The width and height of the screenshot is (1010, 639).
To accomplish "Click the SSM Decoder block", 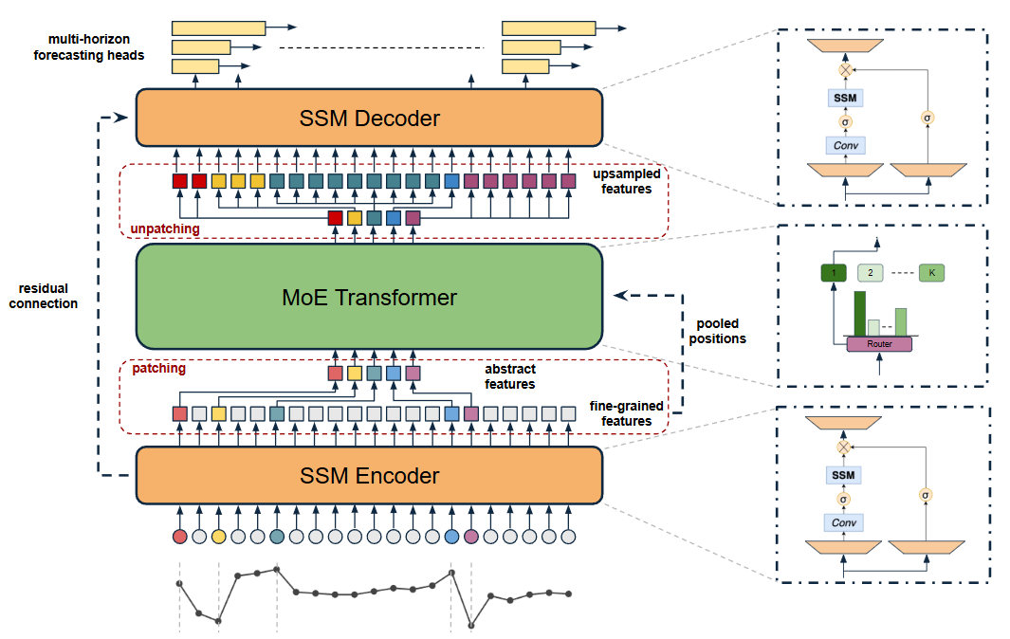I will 369,119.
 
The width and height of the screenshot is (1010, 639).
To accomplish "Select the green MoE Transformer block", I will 369,297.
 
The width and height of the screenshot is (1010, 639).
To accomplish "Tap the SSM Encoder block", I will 369,475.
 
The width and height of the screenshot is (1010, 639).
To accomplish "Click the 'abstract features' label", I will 510,376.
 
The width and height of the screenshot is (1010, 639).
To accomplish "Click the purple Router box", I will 880,343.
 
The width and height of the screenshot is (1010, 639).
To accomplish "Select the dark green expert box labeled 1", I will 834,273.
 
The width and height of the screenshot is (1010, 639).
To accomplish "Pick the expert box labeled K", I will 931,273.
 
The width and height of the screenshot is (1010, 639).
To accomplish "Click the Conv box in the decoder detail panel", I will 844,145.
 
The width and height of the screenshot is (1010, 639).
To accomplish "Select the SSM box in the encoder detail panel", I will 843,474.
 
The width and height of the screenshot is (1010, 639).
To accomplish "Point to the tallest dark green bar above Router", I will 860,312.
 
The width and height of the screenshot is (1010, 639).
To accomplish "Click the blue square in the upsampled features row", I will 451,180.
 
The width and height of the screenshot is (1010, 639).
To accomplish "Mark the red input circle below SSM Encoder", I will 180,537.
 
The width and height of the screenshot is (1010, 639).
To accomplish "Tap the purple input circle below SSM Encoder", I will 471,537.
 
